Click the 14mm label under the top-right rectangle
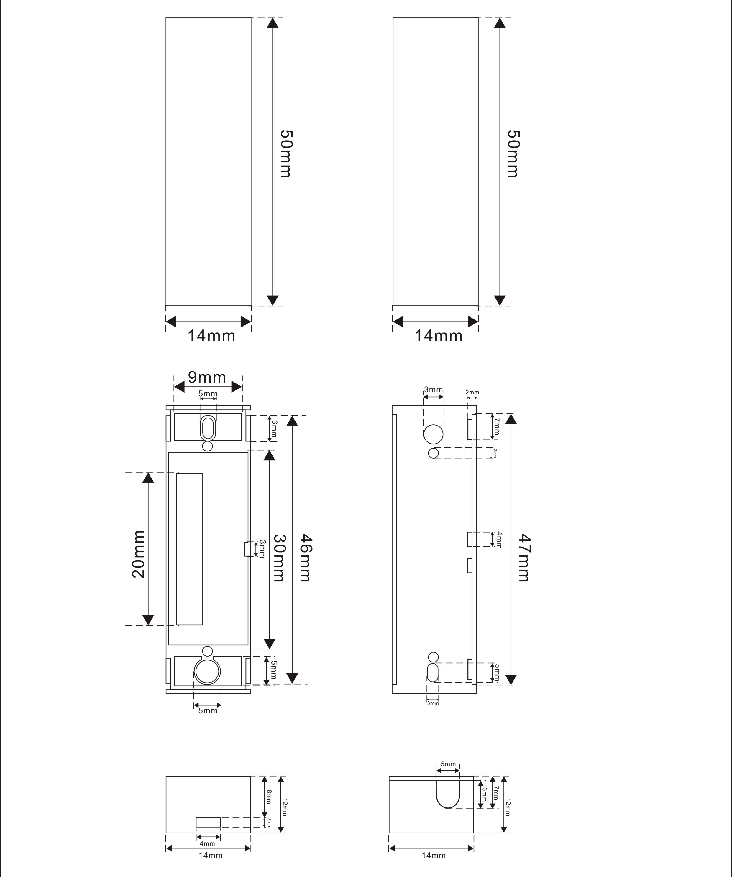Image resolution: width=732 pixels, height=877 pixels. [439, 336]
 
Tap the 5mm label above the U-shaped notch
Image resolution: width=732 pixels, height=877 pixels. [448, 764]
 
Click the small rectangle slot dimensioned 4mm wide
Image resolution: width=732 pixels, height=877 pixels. [208, 822]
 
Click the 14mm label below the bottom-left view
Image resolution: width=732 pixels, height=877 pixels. [211, 855]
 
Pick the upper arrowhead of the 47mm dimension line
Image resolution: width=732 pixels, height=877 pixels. [511, 418]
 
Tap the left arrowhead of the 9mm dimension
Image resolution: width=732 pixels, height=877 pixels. [179, 387]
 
